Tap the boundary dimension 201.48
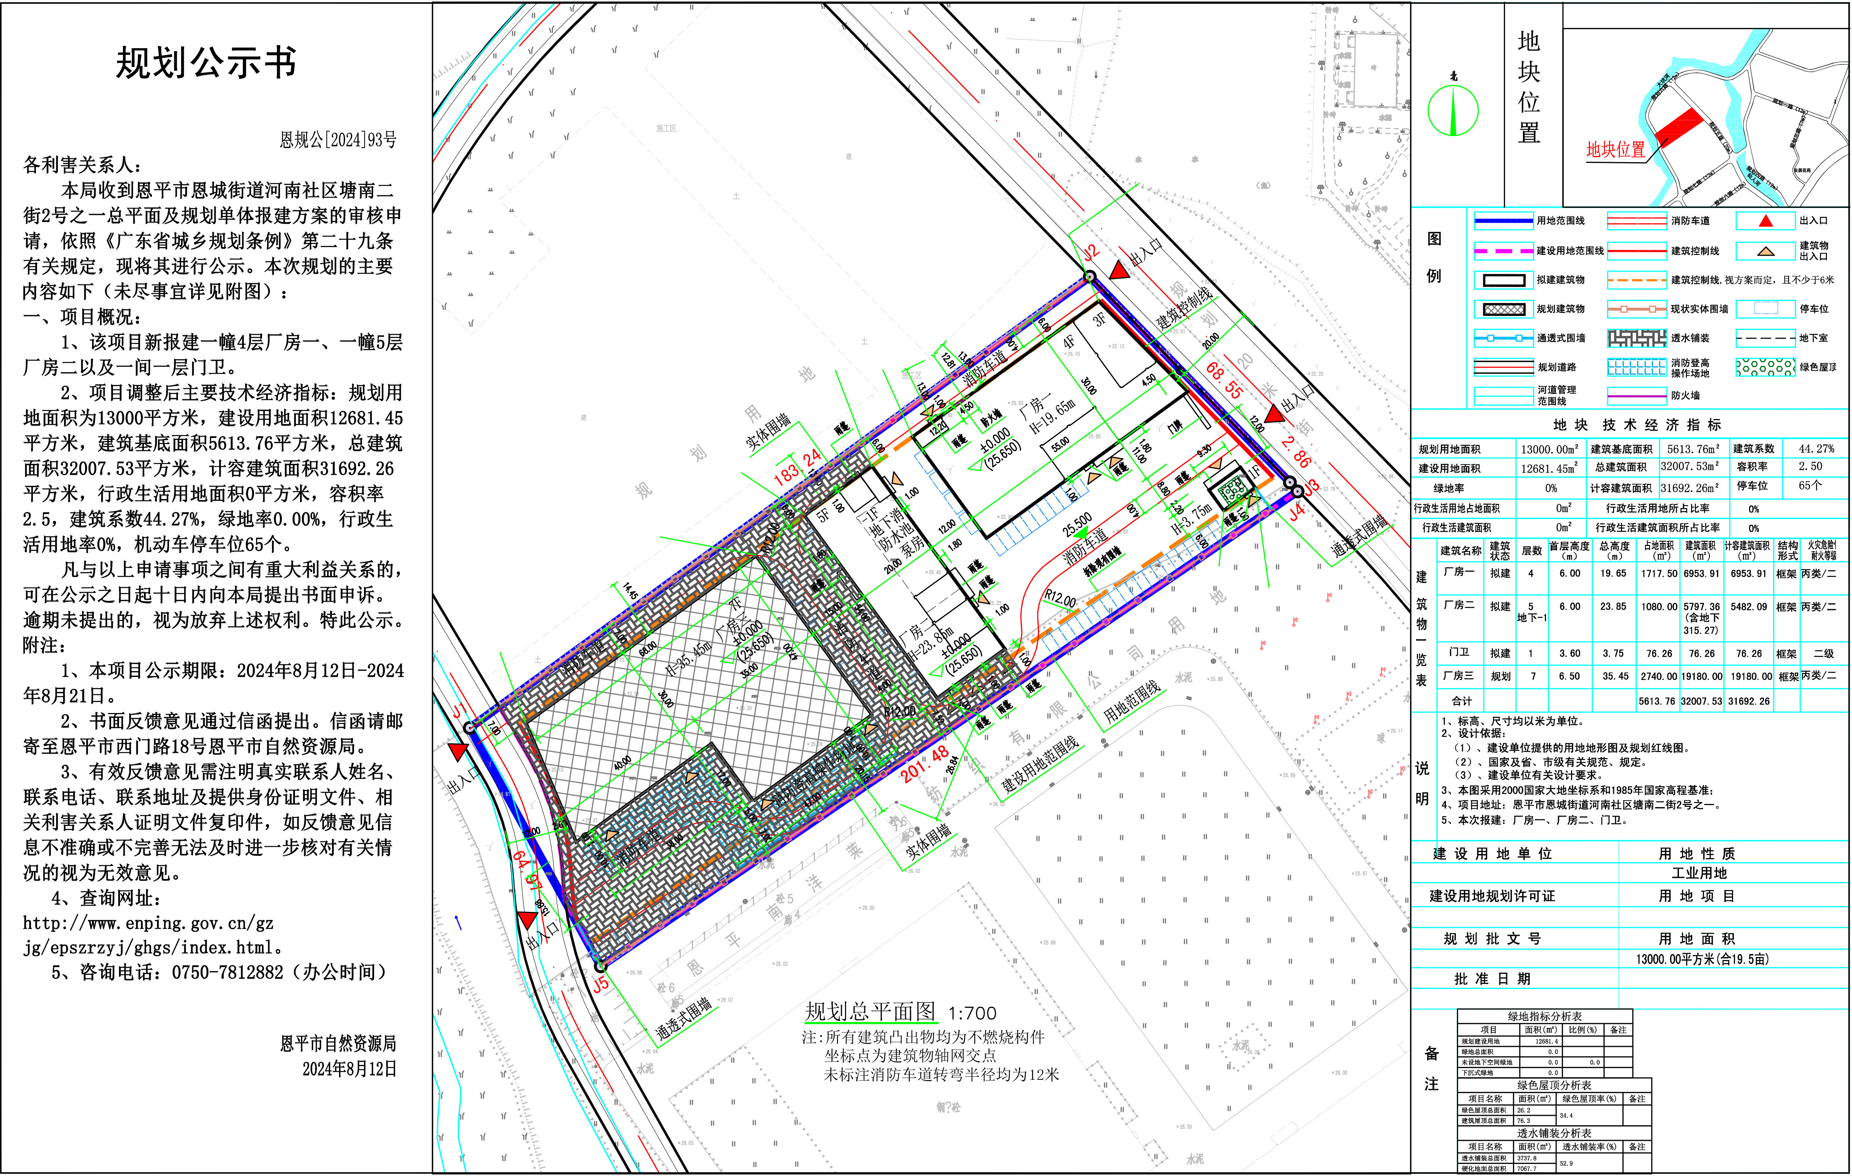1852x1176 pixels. (x=925, y=764)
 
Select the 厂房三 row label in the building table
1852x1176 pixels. (x=1458, y=676)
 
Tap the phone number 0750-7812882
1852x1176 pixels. (x=228, y=972)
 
